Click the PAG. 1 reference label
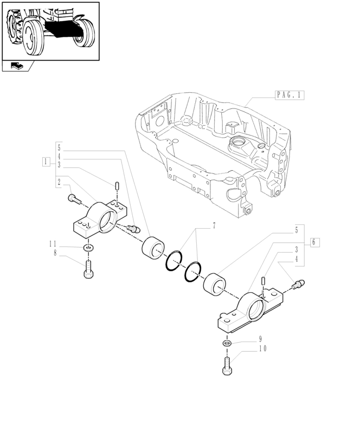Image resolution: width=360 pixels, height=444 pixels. click(x=290, y=95)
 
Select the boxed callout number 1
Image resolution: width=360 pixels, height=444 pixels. click(x=46, y=162)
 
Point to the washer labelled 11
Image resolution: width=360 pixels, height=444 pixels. click(x=88, y=248)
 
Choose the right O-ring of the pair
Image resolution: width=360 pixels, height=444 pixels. click(x=193, y=271)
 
